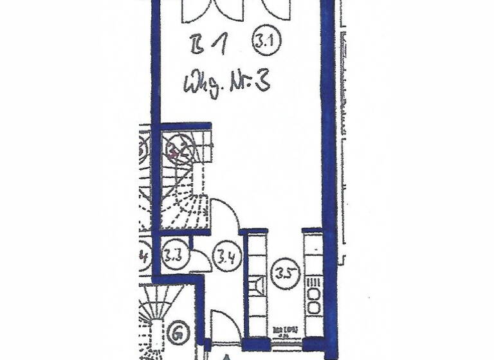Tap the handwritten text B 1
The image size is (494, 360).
click(x=206, y=46)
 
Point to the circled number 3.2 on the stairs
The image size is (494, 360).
click(x=176, y=152)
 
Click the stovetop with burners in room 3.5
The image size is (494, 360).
click(x=314, y=295)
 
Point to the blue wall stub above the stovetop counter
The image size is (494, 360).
click(x=312, y=230)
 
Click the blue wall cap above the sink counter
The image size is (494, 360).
click(x=254, y=231)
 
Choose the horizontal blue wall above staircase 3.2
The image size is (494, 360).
click(x=185, y=126)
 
